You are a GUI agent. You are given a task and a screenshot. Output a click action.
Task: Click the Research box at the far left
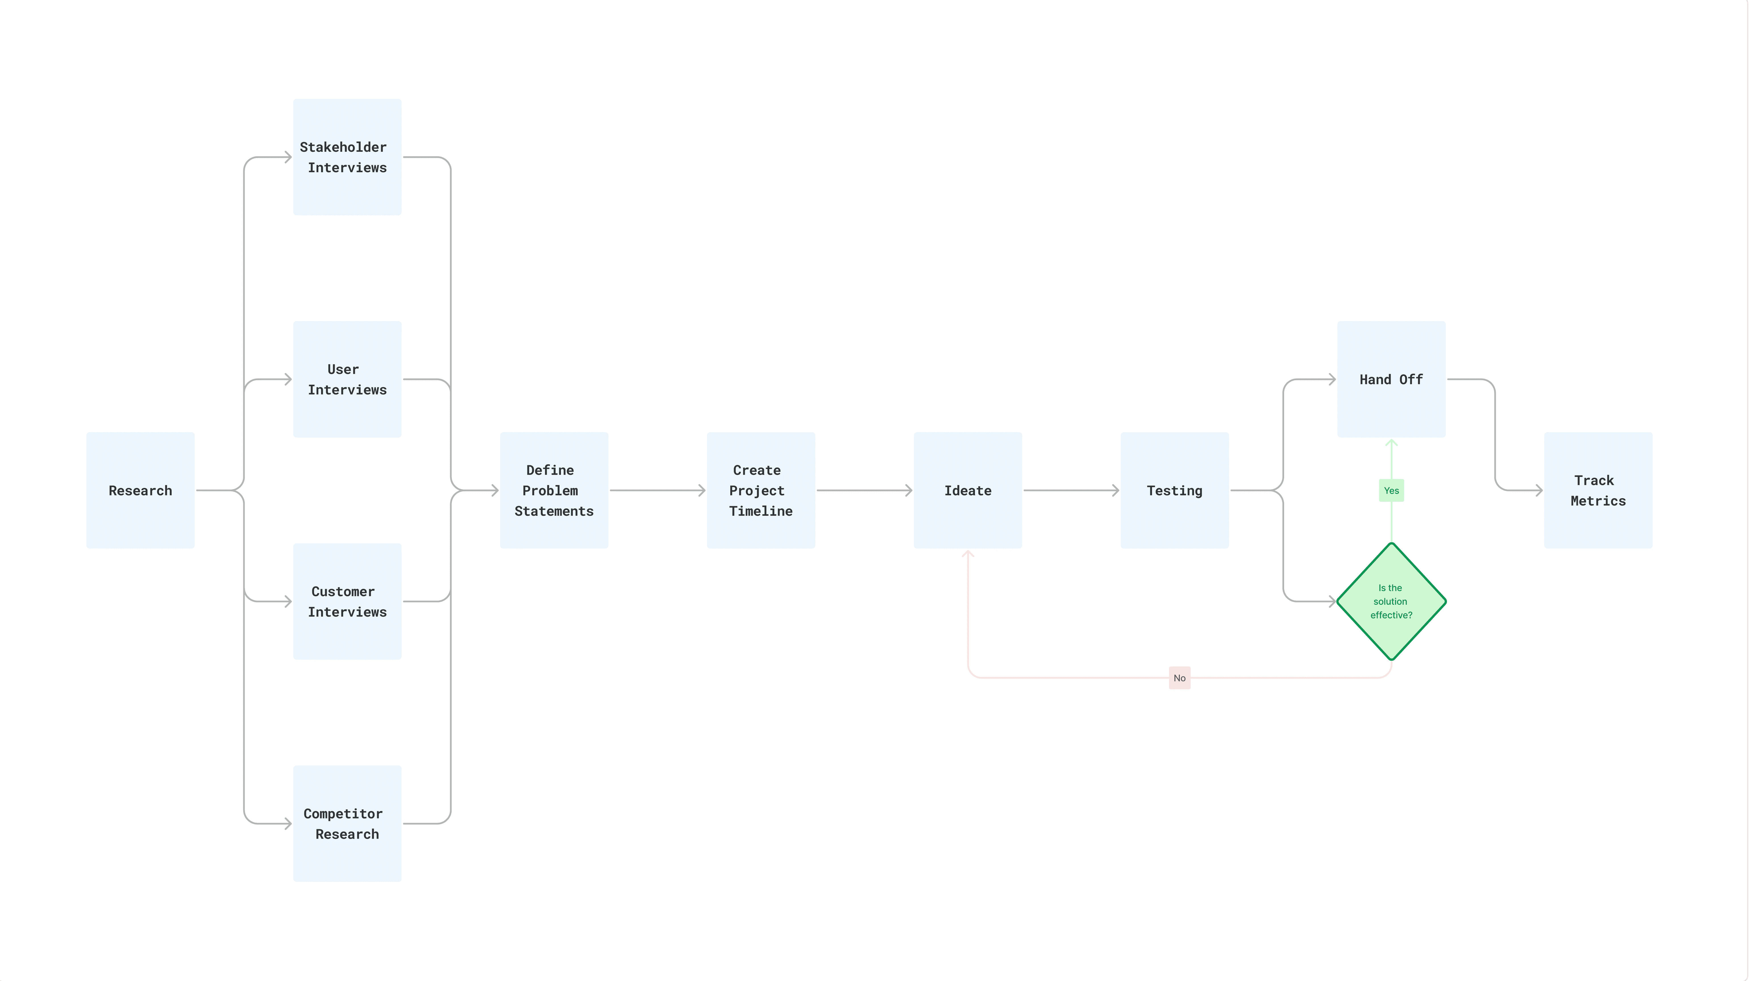(141, 490)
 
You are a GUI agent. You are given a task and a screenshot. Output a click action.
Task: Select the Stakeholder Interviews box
(347, 157)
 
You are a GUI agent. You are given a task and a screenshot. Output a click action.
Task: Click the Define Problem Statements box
(554, 490)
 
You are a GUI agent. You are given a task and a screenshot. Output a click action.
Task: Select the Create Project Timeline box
(760, 490)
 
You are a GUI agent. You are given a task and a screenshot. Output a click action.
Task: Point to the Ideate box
(968, 490)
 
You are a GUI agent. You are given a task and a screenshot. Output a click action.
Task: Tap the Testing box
(1175, 490)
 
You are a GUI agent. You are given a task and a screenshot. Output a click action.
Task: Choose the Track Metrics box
(1598, 490)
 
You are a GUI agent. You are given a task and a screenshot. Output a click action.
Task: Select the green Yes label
(1391, 490)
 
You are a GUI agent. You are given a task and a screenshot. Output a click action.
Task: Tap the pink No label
(1179, 677)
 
